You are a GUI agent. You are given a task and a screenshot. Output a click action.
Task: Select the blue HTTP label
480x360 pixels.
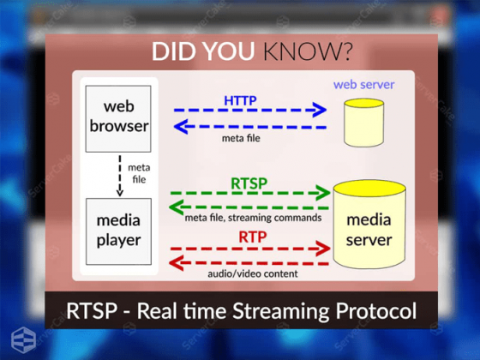240,100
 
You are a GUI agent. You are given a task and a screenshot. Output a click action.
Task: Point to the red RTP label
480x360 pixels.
252,236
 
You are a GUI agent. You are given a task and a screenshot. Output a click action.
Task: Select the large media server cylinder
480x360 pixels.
368,225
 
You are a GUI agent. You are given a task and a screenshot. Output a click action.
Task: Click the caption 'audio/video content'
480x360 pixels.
253,274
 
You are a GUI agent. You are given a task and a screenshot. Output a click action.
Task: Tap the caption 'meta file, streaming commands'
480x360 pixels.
253,218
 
